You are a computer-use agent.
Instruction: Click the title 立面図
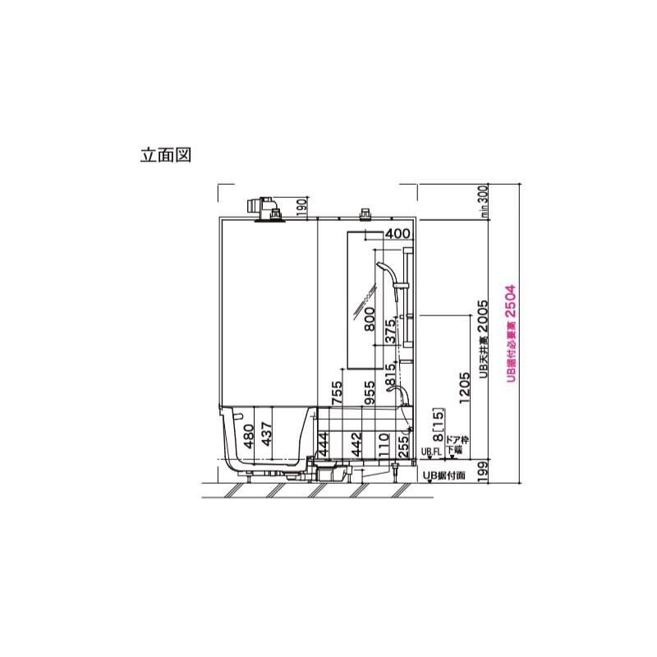[x=166, y=155]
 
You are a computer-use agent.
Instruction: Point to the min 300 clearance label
[x=484, y=201]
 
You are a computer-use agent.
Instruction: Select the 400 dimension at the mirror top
[x=397, y=234]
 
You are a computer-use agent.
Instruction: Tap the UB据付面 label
[x=443, y=475]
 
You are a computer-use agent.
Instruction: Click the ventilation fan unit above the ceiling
[x=265, y=207]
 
